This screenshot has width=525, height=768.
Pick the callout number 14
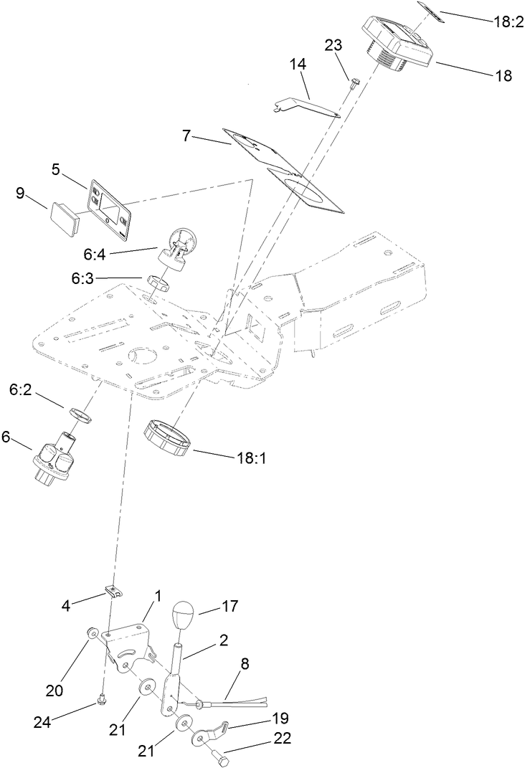coord(298,65)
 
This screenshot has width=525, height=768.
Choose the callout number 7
coord(186,135)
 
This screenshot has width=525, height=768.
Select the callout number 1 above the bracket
coord(157,597)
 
